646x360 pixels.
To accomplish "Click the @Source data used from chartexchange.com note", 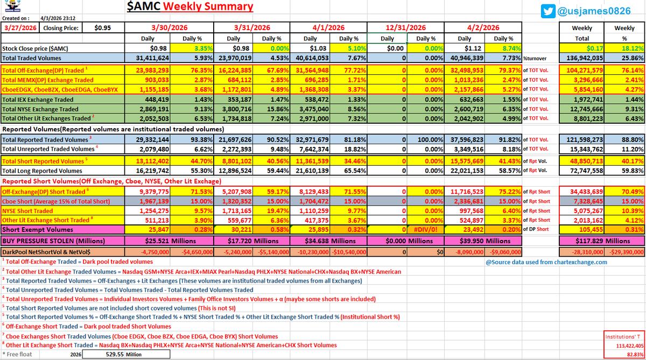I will [x=546, y=262].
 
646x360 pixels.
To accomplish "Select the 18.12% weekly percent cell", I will [x=631, y=48].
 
